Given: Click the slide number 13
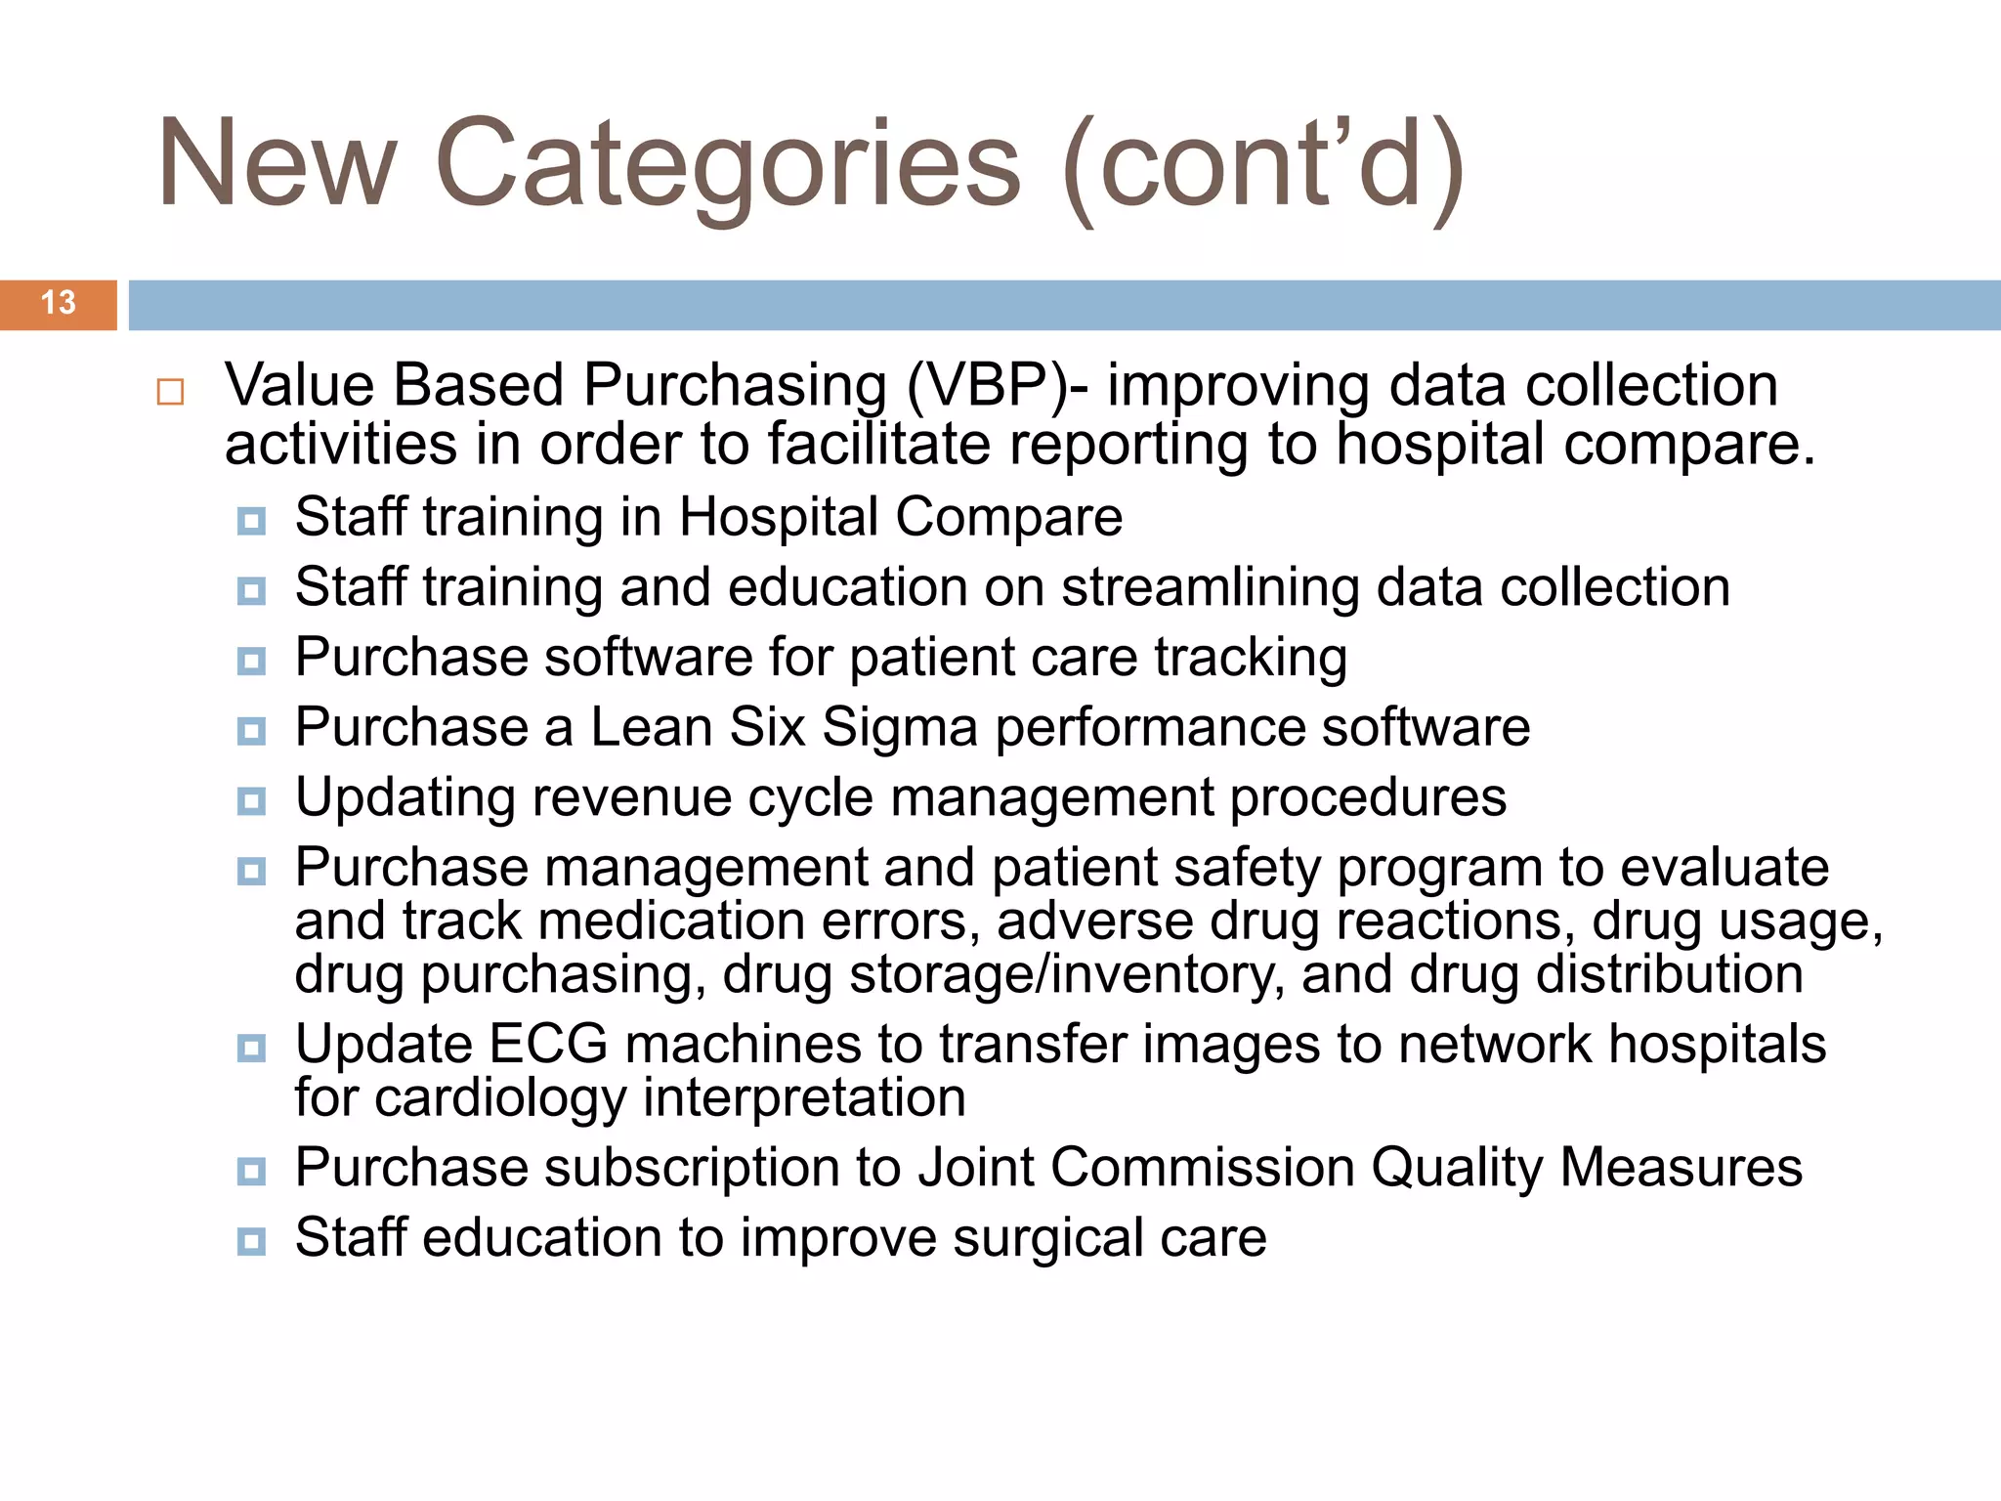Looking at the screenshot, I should [x=59, y=303].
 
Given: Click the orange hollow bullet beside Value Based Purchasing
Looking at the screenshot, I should [x=170, y=392].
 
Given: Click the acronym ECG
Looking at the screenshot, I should [x=548, y=1044].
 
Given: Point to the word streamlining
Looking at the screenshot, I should [x=1211, y=587].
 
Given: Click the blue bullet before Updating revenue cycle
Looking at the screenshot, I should [x=251, y=801].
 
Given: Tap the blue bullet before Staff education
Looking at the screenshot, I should [x=251, y=1241].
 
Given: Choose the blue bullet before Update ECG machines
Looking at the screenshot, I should [x=251, y=1049].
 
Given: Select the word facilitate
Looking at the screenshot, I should [x=878, y=445].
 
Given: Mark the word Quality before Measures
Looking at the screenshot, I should [x=1457, y=1169].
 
